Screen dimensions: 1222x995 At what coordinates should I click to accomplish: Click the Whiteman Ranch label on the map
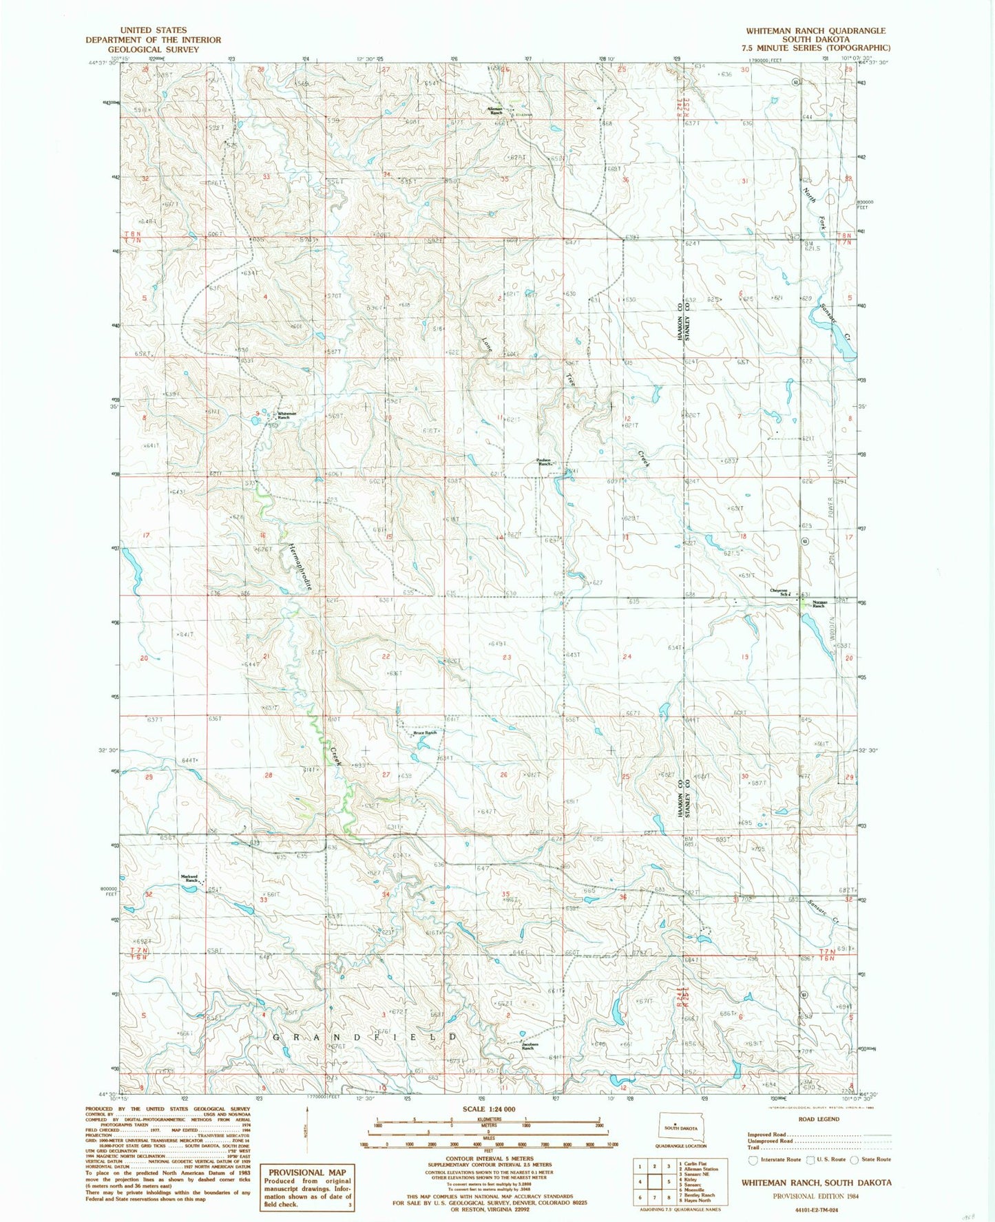[287, 415]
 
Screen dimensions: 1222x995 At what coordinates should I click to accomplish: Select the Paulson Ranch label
[544, 463]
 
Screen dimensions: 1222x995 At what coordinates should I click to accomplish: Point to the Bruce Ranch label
[425, 733]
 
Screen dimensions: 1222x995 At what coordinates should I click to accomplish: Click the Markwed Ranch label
[189, 878]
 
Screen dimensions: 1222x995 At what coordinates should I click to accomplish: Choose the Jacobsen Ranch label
[528, 1046]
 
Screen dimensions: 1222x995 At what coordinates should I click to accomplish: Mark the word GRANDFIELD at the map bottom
[365, 1036]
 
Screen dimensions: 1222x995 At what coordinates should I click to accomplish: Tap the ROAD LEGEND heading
[819, 1119]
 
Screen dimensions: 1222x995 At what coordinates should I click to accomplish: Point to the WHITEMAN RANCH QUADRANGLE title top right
[816, 31]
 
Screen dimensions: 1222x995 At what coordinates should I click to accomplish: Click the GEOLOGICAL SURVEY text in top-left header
[154, 50]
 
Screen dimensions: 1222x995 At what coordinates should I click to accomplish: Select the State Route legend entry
[870, 1159]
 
